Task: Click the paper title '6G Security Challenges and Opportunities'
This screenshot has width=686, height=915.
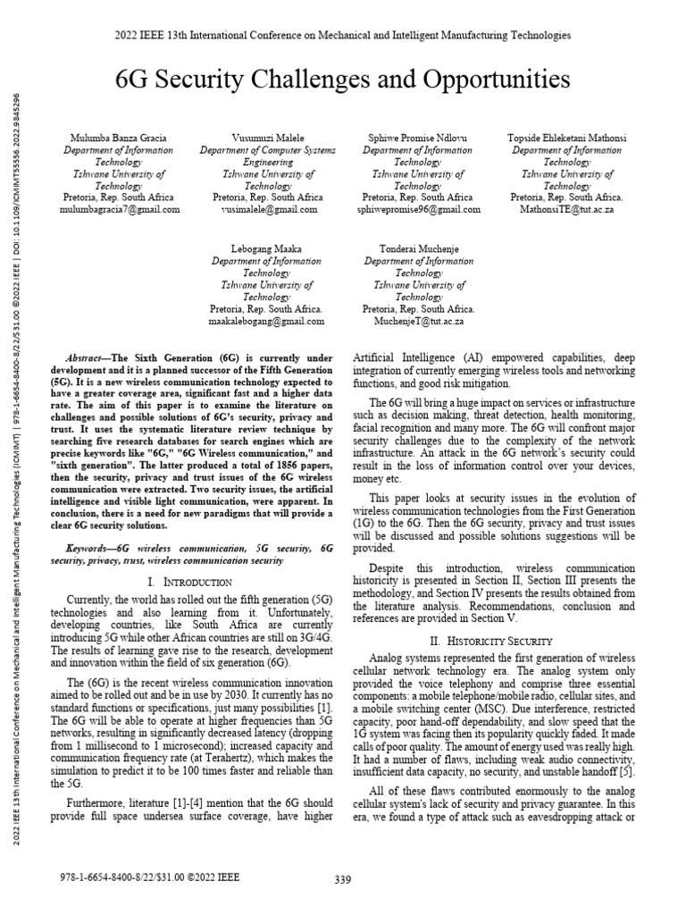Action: click(x=343, y=81)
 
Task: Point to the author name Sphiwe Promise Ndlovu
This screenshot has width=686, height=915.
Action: click(x=418, y=139)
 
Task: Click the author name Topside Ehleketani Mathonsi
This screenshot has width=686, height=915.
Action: click(x=567, y=139)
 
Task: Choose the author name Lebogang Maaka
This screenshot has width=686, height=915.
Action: click(x=266, y=249)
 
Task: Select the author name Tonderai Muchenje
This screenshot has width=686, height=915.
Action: click(x=418, y=249)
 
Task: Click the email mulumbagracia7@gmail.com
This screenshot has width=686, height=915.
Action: click(x=121, y=209)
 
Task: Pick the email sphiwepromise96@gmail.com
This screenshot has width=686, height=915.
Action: click(x=418, y=209)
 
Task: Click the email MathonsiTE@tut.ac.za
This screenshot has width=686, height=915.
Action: click(x=567, y=209)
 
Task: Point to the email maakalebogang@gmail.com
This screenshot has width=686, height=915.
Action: click(x=267, y=320)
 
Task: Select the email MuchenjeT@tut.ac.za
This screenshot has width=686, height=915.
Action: click(x=418, y=320)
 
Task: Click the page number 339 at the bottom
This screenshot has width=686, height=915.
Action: click(x=343, y=880)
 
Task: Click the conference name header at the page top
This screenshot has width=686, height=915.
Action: click(x=343, y=36)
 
